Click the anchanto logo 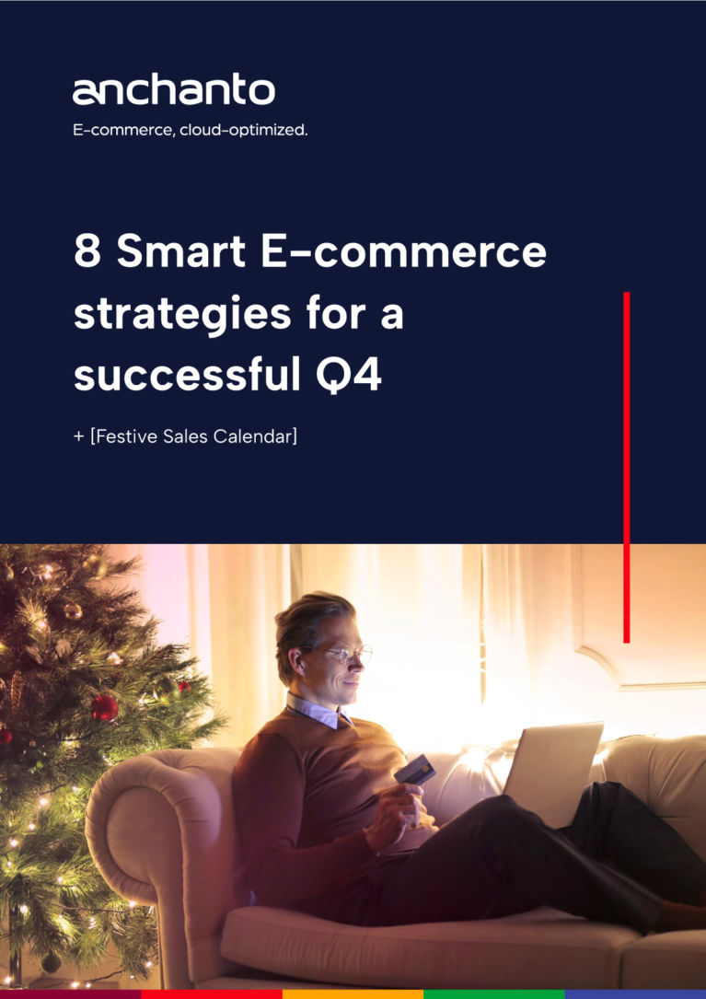[173, 90]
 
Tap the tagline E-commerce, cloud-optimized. [190, 130]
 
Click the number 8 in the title [87, 251]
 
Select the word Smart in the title [181, 251]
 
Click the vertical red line [626, 467]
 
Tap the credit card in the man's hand [415, 769]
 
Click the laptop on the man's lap [553, 773]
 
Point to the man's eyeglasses [348, 654]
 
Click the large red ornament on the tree [105, 708]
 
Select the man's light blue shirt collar [318, 711]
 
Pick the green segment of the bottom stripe [493, 993]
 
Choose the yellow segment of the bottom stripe [353, 993]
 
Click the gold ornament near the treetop [73, 611]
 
